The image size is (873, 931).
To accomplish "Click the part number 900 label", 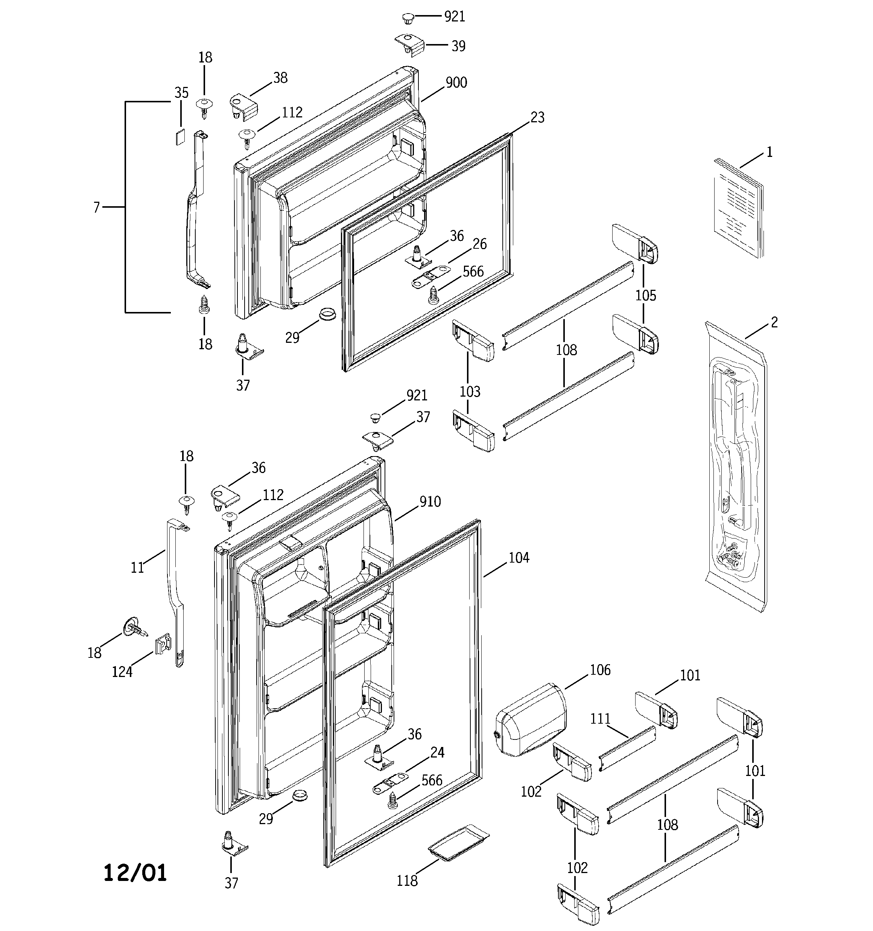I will (456, 82).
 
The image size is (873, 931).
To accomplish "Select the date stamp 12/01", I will (135, 873).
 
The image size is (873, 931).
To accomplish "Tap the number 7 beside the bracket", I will (96, 207).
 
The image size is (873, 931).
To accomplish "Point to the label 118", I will (407, 881).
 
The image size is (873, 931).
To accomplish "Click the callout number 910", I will (430, 502).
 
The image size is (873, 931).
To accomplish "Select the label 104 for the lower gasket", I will (519, 557).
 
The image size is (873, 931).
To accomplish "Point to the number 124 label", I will (122, 672).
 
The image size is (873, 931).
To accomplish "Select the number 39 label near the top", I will (458, 46).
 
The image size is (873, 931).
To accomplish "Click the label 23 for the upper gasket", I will (537, 117).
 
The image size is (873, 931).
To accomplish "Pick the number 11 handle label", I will (137, 567).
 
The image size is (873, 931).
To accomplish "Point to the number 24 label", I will (437, 753).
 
